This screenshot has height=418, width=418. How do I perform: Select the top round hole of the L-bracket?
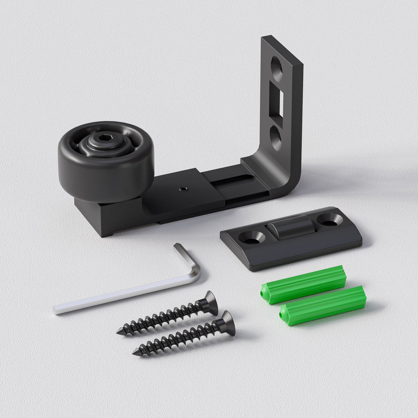coord(277,69)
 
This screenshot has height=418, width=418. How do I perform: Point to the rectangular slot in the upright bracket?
coord(280,103)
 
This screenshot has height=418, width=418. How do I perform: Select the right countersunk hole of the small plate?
coord(329,220)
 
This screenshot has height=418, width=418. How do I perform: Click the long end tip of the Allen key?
coord(57,309)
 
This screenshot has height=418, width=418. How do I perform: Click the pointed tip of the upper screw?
coord(119,332)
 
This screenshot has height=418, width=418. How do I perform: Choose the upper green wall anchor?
coord(303,284)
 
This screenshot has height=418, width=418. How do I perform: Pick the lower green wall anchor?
coord(322,305)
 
